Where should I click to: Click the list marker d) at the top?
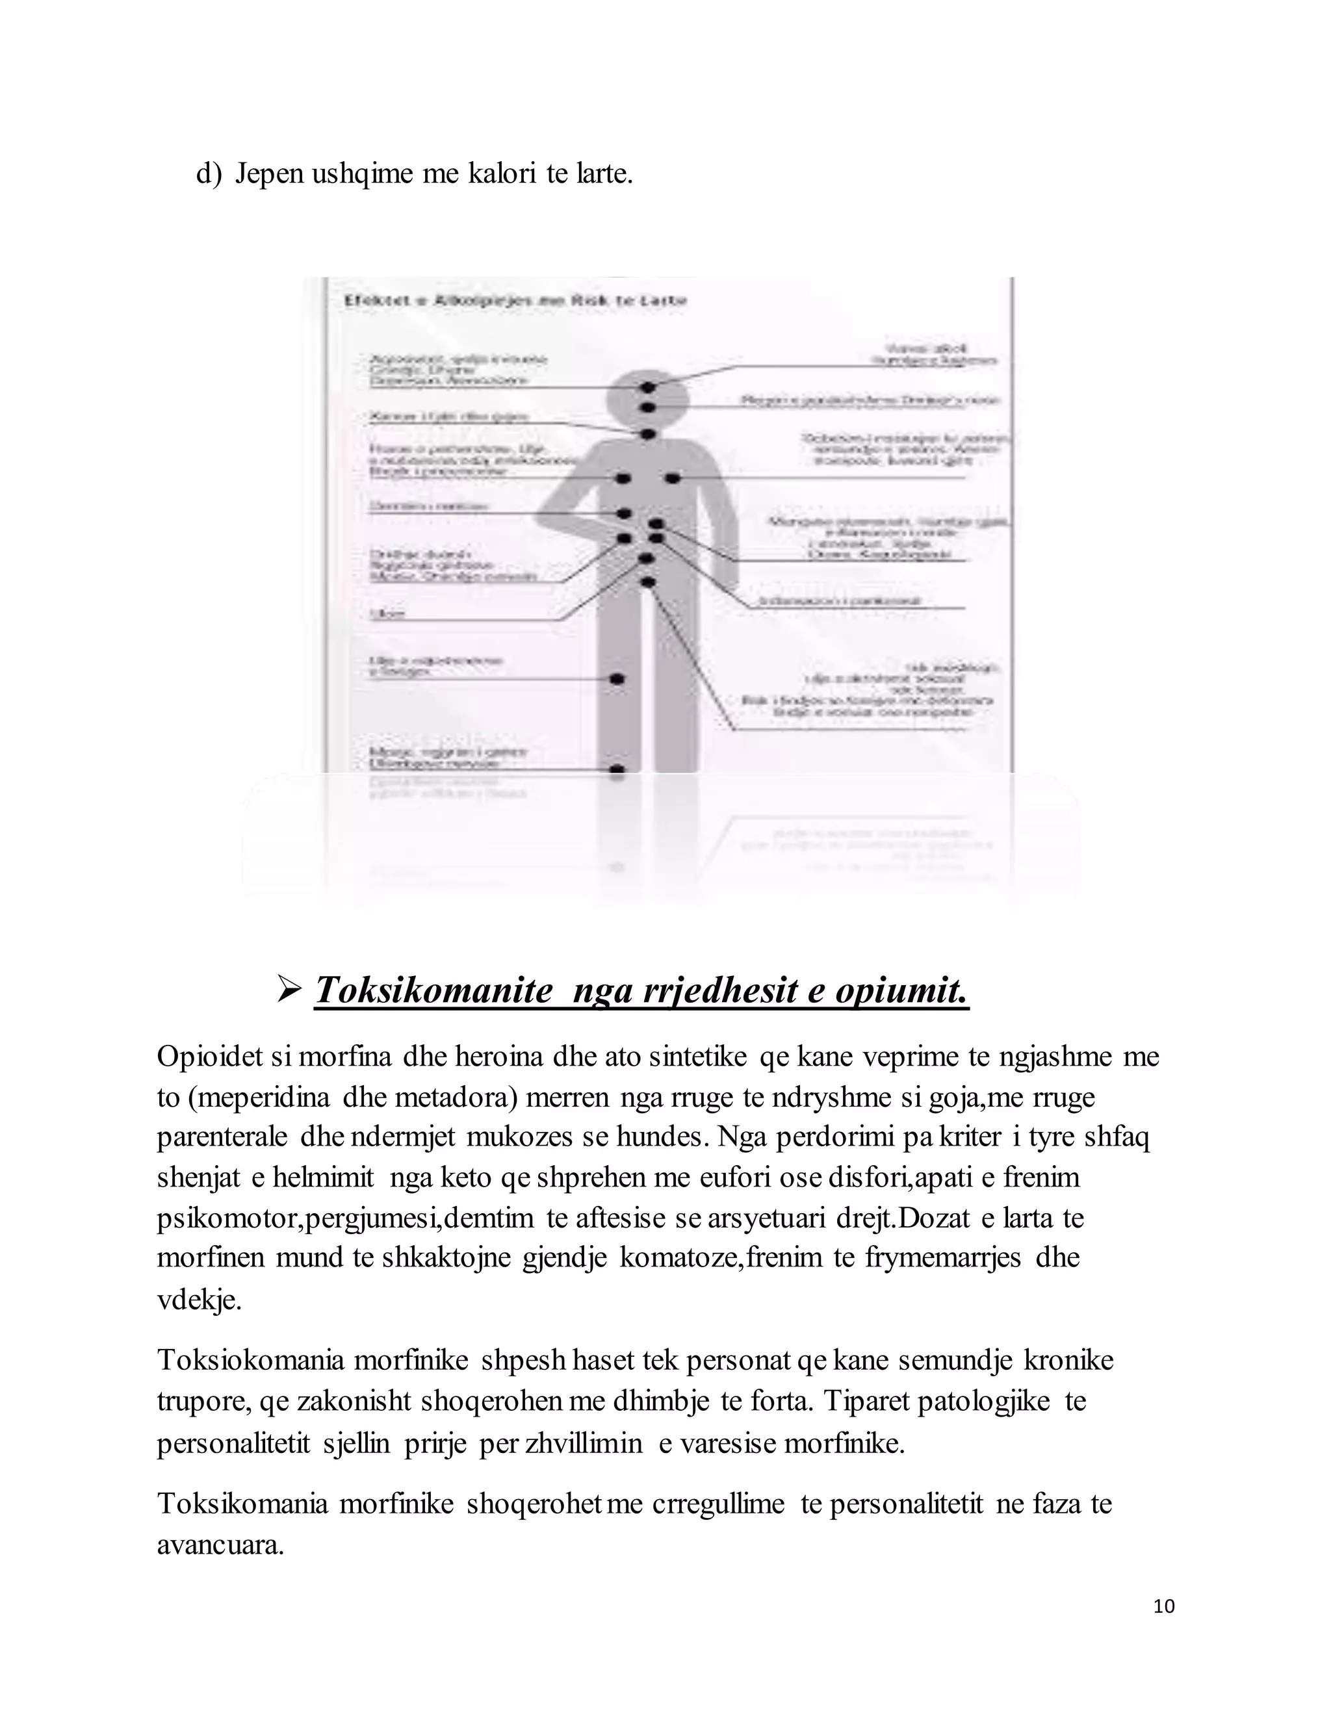tap(209, 173)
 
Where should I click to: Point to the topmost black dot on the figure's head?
tap(647, 387)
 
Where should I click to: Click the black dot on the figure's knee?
tap(617, 678)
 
